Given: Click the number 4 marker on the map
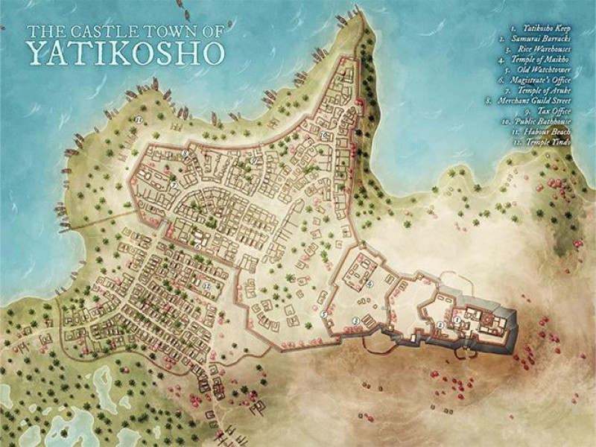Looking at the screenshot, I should [370, 284].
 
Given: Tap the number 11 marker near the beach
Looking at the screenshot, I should [139, 119].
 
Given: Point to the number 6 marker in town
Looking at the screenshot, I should [197, 247].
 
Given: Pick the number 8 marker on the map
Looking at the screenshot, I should [185, 153].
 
